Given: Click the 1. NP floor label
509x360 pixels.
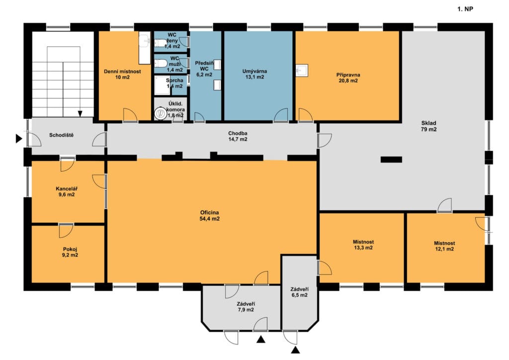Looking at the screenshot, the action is coord(465,9).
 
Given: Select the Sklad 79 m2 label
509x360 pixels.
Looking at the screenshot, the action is coord(428,126).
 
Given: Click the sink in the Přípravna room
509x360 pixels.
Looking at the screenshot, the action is coord(302,71).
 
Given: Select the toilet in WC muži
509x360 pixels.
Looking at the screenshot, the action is coord(161,63).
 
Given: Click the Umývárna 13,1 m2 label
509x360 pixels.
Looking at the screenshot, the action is coord(254,74).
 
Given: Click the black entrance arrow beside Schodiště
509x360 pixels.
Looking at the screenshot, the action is coord(19,139).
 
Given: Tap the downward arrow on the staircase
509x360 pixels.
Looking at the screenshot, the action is coord(80,113).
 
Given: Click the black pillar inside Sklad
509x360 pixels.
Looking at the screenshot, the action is coord(391,160).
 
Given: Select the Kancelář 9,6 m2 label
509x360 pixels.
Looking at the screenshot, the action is coord(67,191).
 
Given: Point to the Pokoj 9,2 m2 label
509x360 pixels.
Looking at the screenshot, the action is coord(70,252).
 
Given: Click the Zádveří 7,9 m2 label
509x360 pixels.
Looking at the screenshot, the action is coord(246,307).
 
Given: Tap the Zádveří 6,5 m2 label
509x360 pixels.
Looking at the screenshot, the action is coord(299,292).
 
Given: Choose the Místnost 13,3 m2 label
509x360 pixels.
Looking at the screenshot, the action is coord(363,245).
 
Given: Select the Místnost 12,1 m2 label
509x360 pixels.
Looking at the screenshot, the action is coord(444,246).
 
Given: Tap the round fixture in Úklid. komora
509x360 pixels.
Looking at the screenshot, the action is coord(160,113).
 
